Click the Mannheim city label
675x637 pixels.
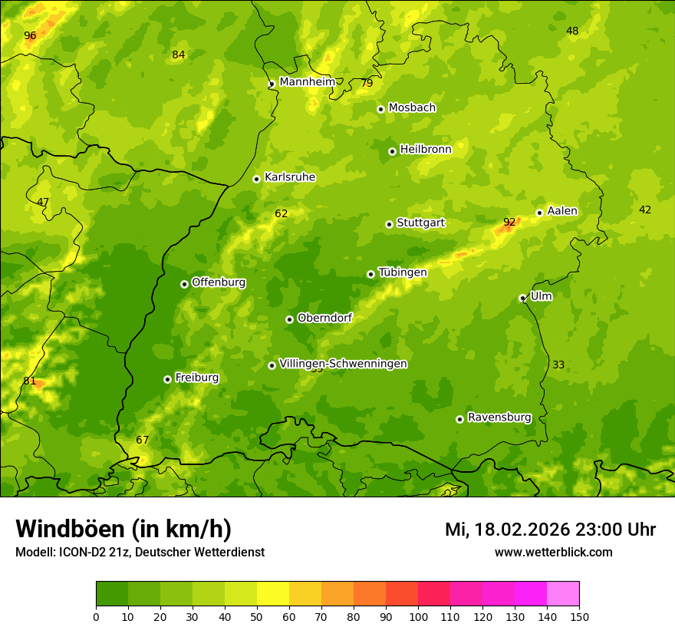click(x=308, y=82)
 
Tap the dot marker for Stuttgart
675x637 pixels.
click(x=389, y=224)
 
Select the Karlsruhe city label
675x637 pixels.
click(x=290, y=177)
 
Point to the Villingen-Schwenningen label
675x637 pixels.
click(x=343, y=364)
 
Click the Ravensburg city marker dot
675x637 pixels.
click(x=459, y=419)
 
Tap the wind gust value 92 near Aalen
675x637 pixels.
click(x=509, y=223)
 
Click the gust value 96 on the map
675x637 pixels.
click(x=30, y=36)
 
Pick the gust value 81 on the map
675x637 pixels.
click(x=30, y=381)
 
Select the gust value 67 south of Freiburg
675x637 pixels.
click(x=143, y=440)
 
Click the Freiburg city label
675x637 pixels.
click(x=196, y=378)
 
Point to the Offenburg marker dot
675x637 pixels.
click(x=184, y=284)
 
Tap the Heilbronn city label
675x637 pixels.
click(x=426, y=150)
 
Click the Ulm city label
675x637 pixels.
click(x=541, y=296)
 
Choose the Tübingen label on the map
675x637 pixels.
click(x=403, y=272)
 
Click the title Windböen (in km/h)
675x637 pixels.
click(x=123, y=529)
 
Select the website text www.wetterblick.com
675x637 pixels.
click(x=553, y=553)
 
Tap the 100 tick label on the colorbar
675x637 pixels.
click(x=418, y=616)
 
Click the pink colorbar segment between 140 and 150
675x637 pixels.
click(x=563, y=594)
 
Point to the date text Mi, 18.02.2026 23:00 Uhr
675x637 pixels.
click(x=550, y=530)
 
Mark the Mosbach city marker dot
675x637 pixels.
click(x=380, y=109)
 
